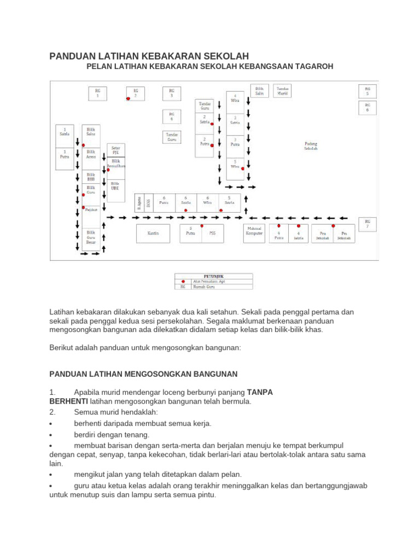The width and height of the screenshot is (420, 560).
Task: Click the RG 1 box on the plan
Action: pos(98,93)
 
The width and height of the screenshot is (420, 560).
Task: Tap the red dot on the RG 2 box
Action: pos(129,99)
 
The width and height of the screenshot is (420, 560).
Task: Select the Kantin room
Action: pos(153,233)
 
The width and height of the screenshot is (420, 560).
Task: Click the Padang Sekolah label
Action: pos(311,146)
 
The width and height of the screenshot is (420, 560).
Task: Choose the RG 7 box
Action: pos(367,224)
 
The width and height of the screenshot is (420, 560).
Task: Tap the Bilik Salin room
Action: pos(259,91)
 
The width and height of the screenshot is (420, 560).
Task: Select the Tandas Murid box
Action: pos(283,91)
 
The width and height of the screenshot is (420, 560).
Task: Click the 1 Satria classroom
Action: pos(65,131)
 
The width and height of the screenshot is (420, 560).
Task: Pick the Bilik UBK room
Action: pos(115,186)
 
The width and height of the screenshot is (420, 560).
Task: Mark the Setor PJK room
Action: pos(116,150)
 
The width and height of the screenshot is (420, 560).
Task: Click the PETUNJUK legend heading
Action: pos(213,276)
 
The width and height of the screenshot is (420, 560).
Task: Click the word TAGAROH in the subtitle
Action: pos(313,66)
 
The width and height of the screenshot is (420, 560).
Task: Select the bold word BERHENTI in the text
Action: pos(68,401)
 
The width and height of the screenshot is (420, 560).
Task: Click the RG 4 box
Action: pos(171,116)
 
